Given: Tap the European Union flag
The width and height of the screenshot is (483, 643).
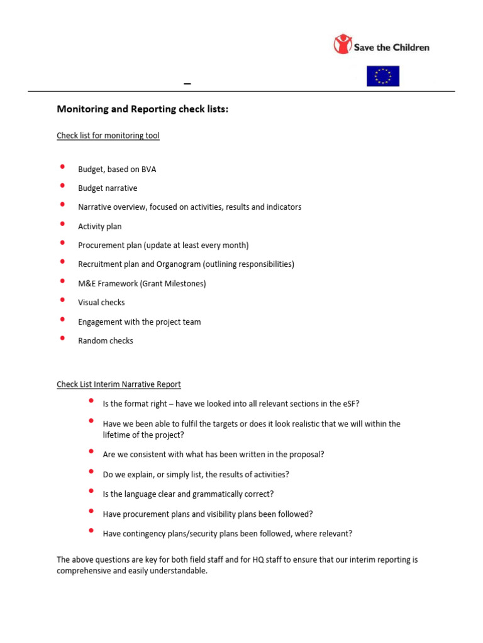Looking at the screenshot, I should point(382,76).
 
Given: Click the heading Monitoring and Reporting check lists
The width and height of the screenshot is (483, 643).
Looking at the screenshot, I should point(143,109).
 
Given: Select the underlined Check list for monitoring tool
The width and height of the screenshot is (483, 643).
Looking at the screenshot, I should point(108,136).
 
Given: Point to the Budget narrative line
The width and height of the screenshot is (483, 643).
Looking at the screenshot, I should point(108,188).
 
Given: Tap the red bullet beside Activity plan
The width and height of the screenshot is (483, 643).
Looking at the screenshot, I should point(62,224).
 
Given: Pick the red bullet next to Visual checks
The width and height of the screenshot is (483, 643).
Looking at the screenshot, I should point(62,300).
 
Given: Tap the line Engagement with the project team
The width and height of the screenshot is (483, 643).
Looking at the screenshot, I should point(139,322).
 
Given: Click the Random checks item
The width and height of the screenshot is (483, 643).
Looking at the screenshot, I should point(106,341).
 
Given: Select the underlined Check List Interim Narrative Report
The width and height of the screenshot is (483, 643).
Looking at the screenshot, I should point(119,384).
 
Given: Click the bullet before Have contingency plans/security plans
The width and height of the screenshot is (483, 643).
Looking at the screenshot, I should point(91,531).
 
